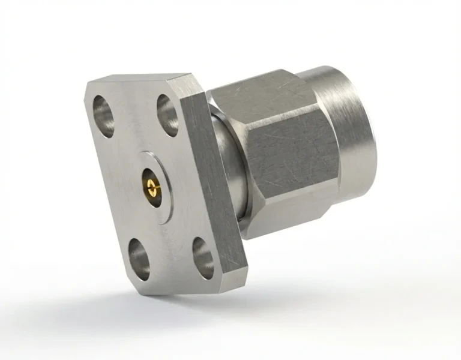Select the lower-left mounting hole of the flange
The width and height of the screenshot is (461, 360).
[x=140, y=257]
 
